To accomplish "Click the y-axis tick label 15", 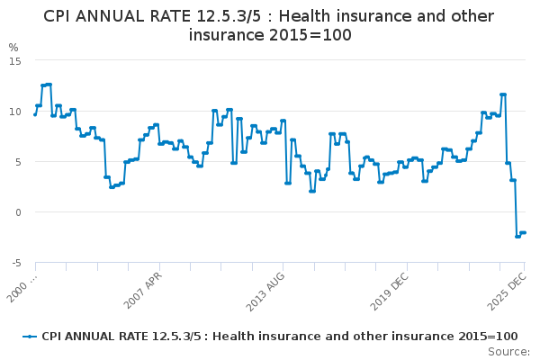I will pyautogui.click(x=15, y=60).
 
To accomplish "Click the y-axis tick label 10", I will pyautogui.click(x=15, y=111).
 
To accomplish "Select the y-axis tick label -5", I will pyautogui.click(x=15, y=263).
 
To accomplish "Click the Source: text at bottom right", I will pyautogui.click(x=508, y=352).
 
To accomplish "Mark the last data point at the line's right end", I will pyautogui.click(x=524, y=233).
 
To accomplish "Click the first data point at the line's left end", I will pyautogui.click(x=35, y=114).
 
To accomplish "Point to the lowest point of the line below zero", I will pyautogui.click(x=517, y=236).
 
